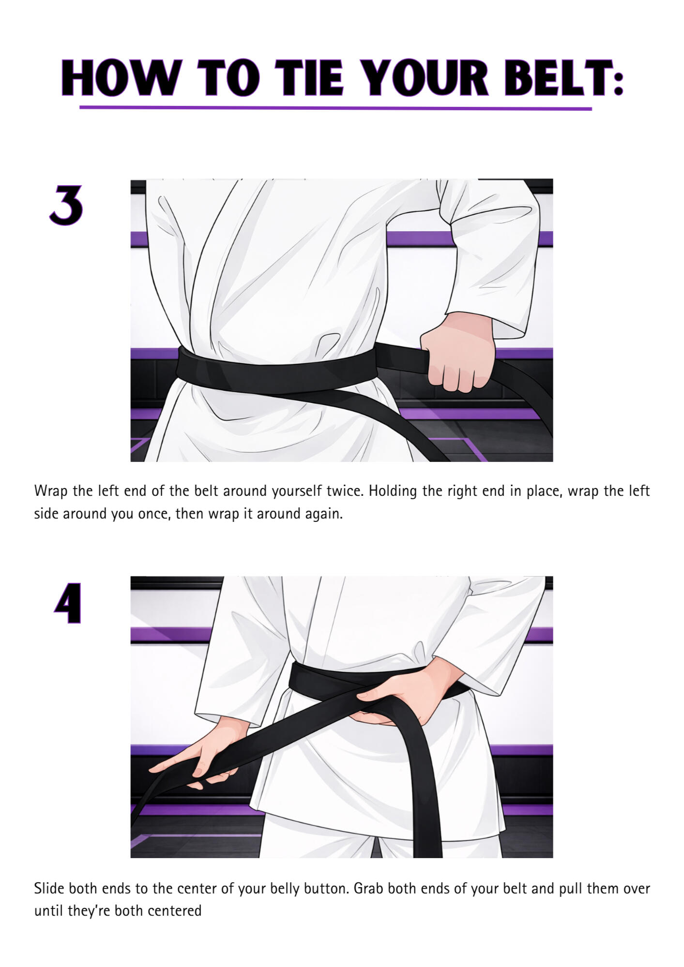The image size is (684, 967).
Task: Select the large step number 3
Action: click(66, 205)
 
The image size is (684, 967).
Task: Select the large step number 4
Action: click(68, 603)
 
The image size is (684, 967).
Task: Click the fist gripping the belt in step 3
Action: click(457, 352)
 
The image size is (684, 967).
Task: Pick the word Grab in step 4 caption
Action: click(369, 888)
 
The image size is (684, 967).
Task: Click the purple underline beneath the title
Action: click(335, 108)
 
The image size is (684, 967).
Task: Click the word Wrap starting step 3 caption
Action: click(51, 491)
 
